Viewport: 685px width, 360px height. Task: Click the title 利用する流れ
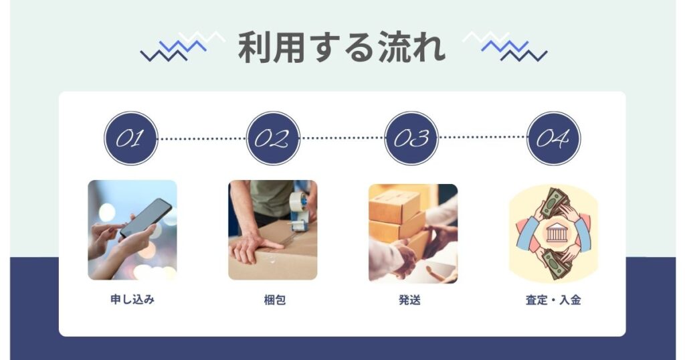[341, 48]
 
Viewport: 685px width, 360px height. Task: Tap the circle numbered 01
[130, 139]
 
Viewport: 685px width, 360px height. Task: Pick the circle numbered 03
[411, 139]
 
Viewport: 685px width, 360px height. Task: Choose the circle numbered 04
[553, 139]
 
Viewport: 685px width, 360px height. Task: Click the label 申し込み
[132, 300]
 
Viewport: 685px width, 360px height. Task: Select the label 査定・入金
[553, 300]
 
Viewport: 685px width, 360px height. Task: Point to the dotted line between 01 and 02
[201, 139]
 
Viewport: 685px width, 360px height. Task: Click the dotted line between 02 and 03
[342, 139]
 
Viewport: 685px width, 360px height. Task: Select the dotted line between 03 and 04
[482, 138]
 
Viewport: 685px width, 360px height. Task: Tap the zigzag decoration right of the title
[506, 46]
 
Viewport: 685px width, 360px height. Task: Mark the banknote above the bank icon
[555, 203]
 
